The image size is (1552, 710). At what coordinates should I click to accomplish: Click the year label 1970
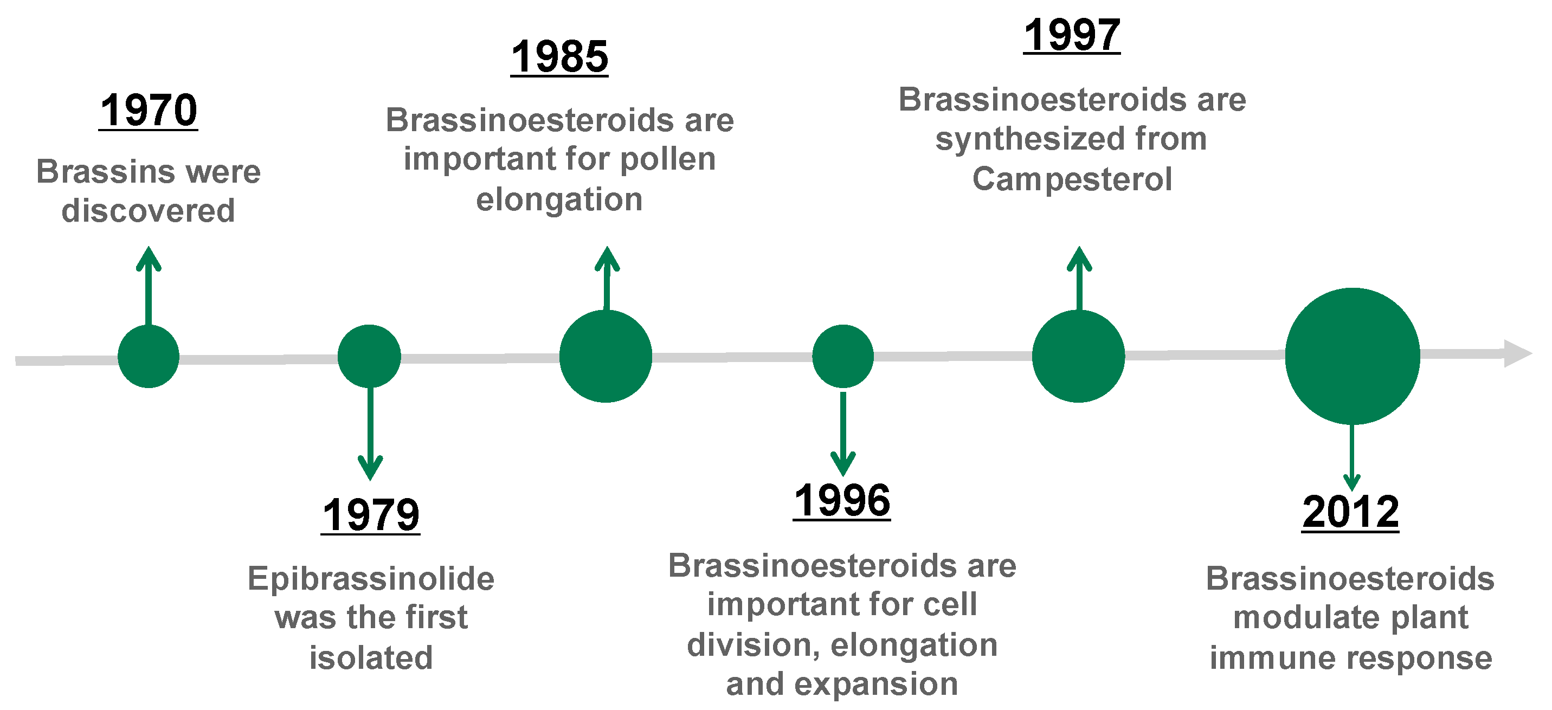click(148, 111)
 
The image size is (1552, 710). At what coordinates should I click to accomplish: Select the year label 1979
click(371, 515)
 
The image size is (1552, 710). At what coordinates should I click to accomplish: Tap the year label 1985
click(560, 57)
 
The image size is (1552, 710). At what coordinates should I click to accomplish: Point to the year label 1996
click(842, 501)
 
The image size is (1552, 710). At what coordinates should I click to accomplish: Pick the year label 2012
click(1351, 513)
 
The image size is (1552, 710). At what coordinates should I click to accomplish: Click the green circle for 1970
click(148, 357)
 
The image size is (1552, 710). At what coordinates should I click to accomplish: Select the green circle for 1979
click(369, 357)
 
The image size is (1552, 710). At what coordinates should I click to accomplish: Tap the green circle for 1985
click(606, 356)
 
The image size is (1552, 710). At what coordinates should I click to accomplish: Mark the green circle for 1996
click(843, 357)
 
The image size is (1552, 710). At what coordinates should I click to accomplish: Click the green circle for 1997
click(1078, 356)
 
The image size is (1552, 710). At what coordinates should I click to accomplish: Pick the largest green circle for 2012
click(1353, 356)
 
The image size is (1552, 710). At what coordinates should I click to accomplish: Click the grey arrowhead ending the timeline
click(1517, 353)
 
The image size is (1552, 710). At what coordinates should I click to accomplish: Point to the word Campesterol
click(1072, 179)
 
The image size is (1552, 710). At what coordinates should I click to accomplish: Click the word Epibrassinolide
click(371, 579)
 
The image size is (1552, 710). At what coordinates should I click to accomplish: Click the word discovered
click(148, 211)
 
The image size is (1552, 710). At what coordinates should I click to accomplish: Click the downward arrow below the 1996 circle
click(843, 434)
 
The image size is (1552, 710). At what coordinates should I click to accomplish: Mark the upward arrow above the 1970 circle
click(148, 286)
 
